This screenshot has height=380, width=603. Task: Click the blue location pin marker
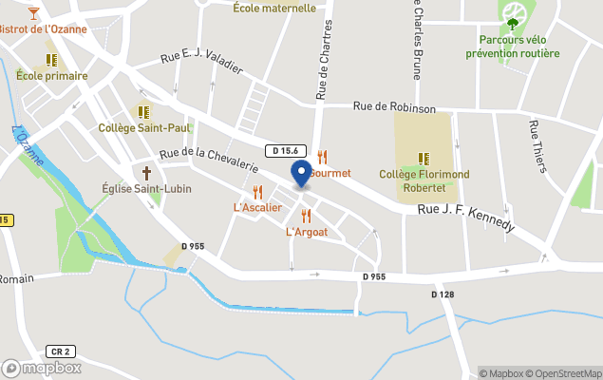(x=301, y=174)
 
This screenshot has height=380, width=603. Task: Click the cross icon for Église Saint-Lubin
(x=146, y=173)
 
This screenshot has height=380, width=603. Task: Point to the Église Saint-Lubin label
(x=146, y=188)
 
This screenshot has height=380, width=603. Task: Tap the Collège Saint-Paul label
(x=144, y=127)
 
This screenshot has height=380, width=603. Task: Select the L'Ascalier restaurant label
(x=257, y=207)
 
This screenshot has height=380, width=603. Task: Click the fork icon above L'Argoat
(x=306, y=216)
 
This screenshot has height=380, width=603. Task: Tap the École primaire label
(x=52, y=76)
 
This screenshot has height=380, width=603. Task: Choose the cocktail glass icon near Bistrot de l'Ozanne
(x=33, y=12)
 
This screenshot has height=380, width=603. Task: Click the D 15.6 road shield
(x=285, y=151)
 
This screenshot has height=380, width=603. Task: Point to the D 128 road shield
(x=443, y=294)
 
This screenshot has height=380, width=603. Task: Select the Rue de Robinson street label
(x=394, y=108)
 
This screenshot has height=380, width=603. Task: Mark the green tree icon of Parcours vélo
(x=513, y=23)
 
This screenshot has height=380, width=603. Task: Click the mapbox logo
(x=42, y=368)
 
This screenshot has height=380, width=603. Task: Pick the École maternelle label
(x=274, y=8)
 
